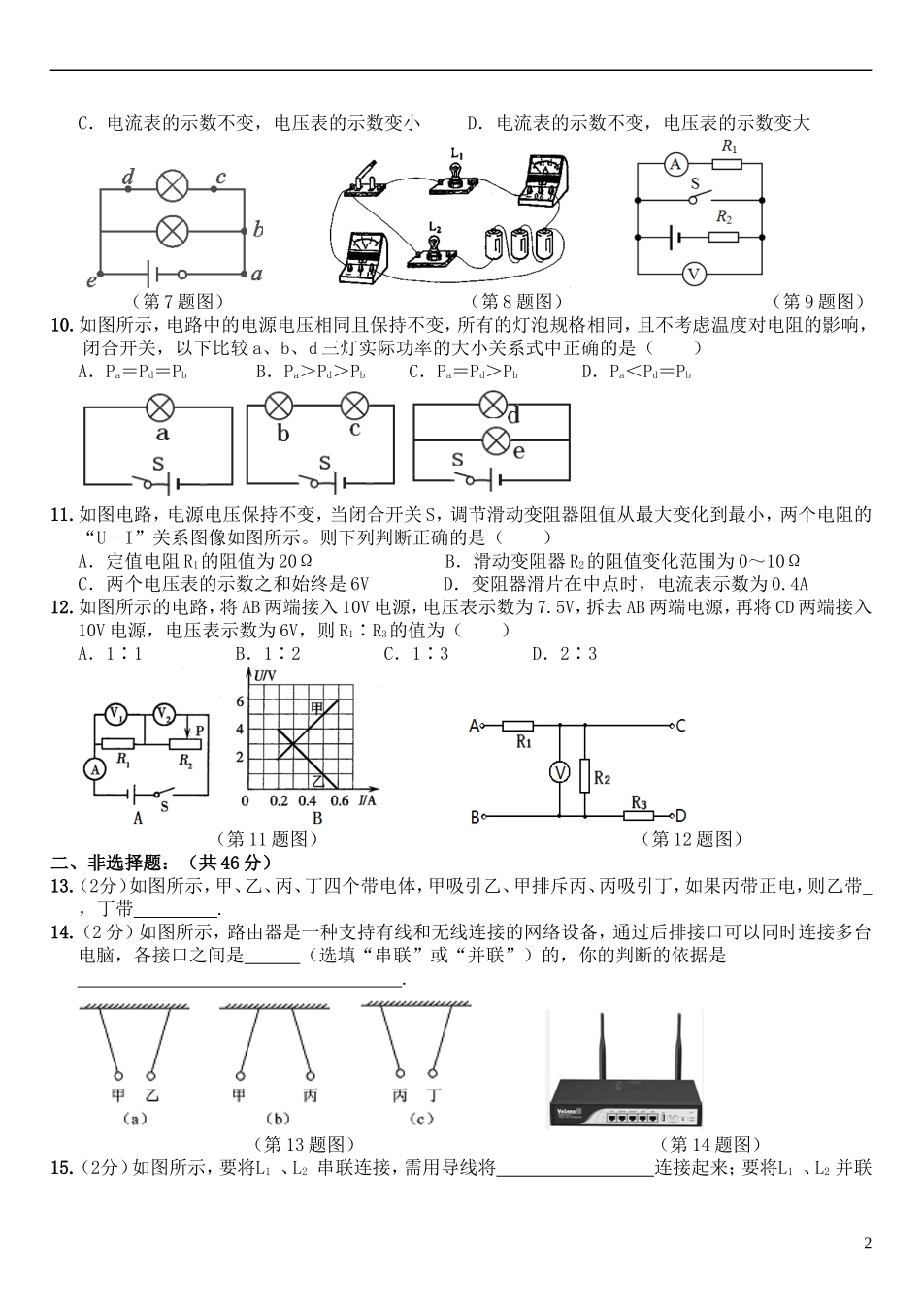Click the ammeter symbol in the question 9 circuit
pos(675,165)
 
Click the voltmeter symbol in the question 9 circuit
pos(693,275)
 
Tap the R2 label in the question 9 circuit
pos(724,216)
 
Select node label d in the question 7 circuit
pos(128,177)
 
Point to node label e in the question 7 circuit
pos(92,281)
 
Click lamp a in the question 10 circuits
pos(159,407)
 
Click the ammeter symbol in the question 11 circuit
pos(94,769)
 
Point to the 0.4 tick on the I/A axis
pos(307,800)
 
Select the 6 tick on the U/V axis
pos(240,700)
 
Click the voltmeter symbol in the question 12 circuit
pos(560,772)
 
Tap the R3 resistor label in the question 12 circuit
pos(640,802)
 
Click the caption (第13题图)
pos(303,1145)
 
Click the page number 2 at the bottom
pos(868,1243)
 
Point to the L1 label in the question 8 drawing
pos(457,152)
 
